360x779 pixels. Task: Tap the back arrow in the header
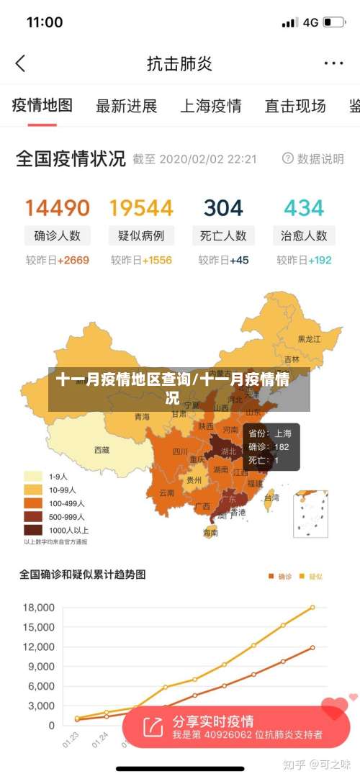point(20,63)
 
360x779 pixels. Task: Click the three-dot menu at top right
point(333,63)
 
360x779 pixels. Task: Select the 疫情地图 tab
point(42,106)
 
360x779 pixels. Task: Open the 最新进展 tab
point(126,107)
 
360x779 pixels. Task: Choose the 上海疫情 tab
point(210,107)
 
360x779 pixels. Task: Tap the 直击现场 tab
point(294,107)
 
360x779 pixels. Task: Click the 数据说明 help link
point(313,158)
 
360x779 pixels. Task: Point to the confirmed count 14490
point(58,208)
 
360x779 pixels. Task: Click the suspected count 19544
point(141,208)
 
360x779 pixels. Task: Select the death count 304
point(223,208)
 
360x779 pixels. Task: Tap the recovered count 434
point(304,208)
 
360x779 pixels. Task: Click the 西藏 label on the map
point(102,450)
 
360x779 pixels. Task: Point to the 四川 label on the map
point(180,452)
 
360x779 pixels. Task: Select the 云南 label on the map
point(166,493)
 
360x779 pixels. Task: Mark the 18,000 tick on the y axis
point(39,607)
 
